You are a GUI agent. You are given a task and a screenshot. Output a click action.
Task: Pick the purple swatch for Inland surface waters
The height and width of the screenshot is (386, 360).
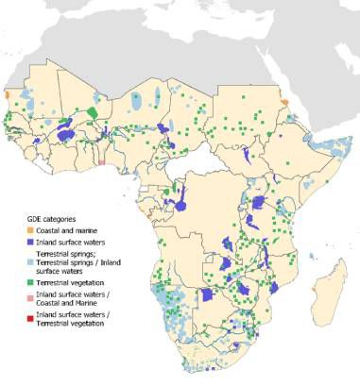(29, 243)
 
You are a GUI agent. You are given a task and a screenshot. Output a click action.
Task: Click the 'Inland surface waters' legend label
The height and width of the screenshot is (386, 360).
(72, 243)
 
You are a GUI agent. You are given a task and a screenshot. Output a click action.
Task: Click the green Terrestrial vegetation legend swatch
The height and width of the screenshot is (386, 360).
(29, 282)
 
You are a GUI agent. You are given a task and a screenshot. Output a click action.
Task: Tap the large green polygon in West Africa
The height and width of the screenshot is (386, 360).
(94, 112)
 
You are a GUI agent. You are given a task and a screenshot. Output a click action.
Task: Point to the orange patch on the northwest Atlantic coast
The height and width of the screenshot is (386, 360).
(7, 95)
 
